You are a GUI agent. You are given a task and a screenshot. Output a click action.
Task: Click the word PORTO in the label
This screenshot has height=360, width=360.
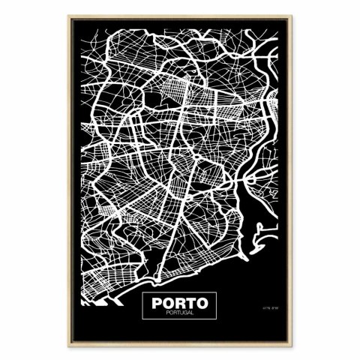179,304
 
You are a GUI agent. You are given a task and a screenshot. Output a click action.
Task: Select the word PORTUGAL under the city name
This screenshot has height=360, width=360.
179,315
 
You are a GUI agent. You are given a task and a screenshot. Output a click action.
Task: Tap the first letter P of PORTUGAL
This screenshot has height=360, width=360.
165,315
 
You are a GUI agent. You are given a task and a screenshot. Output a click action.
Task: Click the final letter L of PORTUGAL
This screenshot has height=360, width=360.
193,315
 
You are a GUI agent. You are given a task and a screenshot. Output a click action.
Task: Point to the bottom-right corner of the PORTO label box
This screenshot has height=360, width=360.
217,320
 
